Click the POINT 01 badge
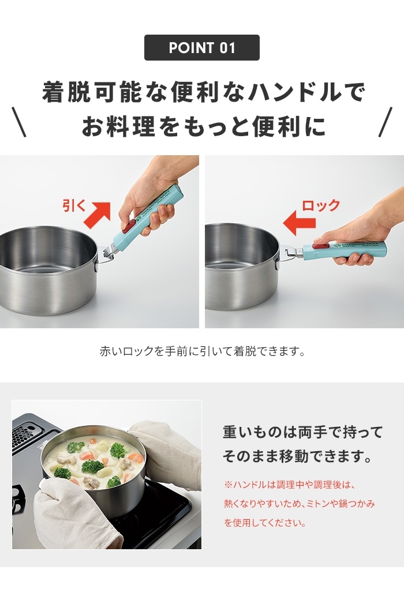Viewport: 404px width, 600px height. [x=201, y=48]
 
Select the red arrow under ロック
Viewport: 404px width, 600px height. [x=299, y=223]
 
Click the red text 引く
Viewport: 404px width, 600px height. [x=74, y=205]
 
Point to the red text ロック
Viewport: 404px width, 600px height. [x=321, y=205]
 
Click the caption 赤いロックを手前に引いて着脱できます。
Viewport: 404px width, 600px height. [x=201, y=351]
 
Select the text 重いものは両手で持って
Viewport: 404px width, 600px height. [x=302, y=432]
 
